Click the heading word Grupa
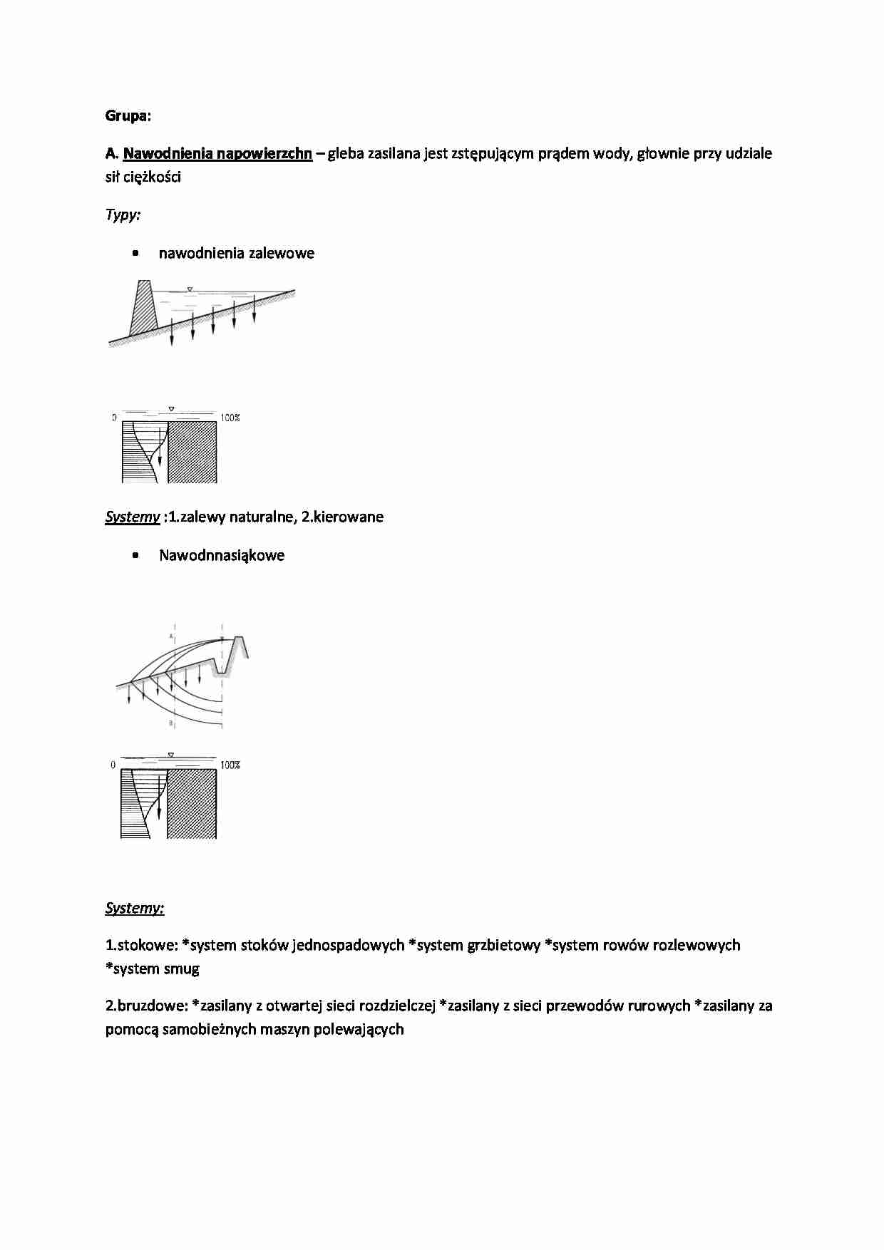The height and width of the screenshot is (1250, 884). click(127, 115)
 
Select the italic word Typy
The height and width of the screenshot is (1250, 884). click(122, 215)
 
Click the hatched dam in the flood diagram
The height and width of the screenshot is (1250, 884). click(143, 309)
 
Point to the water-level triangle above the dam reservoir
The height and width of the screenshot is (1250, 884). click(189, 289)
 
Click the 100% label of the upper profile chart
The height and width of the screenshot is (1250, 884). click(230, 418)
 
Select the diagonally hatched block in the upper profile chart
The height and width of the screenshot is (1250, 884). click(192, 452)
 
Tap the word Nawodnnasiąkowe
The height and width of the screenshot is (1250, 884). click(221, 555)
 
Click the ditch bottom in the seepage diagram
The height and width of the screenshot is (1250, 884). click(222, 671)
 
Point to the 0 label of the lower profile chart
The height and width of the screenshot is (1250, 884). click(113, 765)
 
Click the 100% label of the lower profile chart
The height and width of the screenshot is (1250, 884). click(230, 765)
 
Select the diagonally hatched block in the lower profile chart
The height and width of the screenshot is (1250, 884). click(192, 802)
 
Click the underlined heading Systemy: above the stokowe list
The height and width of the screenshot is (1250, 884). click(134, 908)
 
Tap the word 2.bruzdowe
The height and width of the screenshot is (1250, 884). click(147, 1006)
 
